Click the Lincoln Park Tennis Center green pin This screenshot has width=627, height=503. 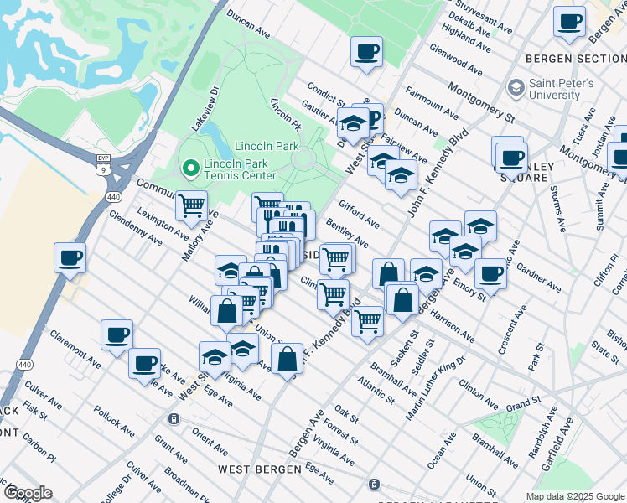coord(190,169)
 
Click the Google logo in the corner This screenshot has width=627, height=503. coord(28,493)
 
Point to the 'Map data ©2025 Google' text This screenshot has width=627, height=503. coord(574,496)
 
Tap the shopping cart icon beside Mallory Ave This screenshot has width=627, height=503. coord(192,205)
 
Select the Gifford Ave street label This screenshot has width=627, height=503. coord(359,215)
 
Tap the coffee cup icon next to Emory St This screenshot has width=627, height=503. coord(490,272)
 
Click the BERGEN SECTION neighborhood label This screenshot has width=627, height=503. coord(576,58)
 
